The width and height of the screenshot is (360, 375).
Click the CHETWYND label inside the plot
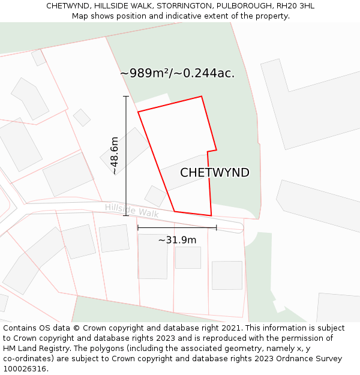[x=215, y=173]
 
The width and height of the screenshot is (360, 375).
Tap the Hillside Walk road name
[x=132, y=210]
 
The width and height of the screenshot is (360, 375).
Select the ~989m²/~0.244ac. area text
[x=177, y=73]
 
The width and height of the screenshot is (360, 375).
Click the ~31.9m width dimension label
[x=177, y=240]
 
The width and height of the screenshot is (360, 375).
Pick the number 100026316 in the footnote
[x=25, y=369]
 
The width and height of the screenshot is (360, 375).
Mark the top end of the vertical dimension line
[x=126, y=97]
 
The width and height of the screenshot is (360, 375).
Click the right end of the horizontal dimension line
[x=216, y=227]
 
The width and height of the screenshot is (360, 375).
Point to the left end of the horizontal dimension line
[x=138, y=227]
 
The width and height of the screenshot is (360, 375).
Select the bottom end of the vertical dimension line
[x=126, y=215]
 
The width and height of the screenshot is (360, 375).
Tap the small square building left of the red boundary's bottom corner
[x=155, y=196]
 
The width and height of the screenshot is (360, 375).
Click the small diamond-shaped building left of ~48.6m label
[x=82, y=117]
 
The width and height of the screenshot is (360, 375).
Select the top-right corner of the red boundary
[x=202, y=97]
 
